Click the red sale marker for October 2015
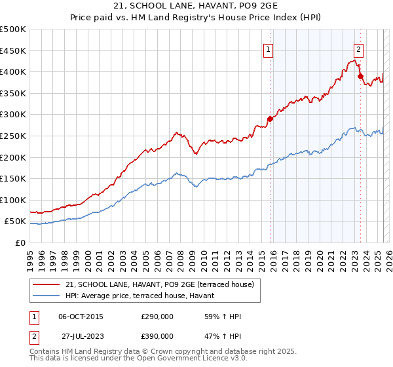coord(270,119)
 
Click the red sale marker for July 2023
coord(360,76)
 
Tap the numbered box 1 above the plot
coord(269,48)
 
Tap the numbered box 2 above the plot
coord(359,48)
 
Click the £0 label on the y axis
coord(21,242)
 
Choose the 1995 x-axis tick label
coord(30,256)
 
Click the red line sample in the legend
coord(47,284)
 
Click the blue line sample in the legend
coord(47,296)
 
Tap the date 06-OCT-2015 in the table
coord(81,317)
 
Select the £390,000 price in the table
coord(157,336)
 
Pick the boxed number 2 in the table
coord(33,336)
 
